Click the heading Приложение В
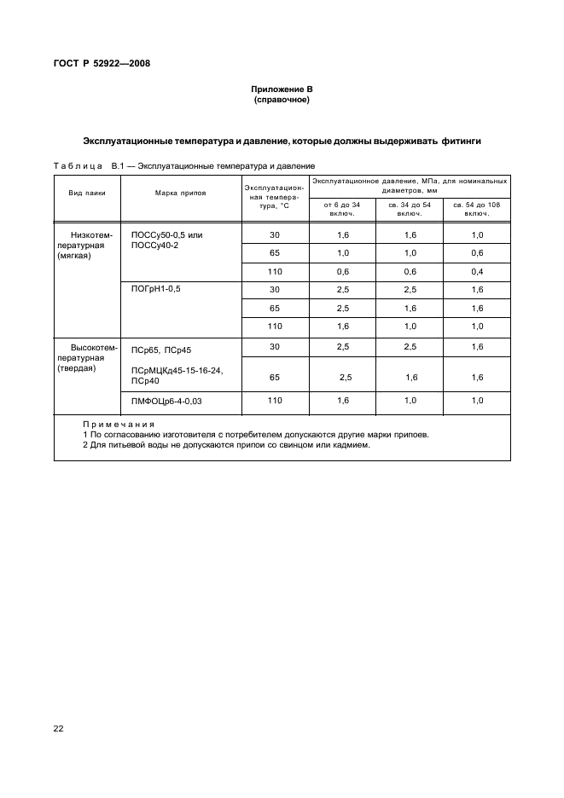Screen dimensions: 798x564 [282, 90]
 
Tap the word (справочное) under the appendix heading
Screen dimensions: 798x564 [282, 100]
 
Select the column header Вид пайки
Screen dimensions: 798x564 [87, 193]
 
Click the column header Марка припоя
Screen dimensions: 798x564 [180, 193]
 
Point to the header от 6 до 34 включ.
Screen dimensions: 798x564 [341, 208]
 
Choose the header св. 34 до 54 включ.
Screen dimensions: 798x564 [409, 208]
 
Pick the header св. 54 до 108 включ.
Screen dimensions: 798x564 [476, 208]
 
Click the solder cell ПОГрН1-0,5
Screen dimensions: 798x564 [155, 289]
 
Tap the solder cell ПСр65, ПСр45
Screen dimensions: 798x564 [160, 349]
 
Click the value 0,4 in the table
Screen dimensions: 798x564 [476, 271]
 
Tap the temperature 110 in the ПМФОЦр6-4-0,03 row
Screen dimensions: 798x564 [274, 400]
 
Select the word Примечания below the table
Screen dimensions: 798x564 [119, 424]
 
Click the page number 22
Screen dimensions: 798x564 [59, 728]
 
